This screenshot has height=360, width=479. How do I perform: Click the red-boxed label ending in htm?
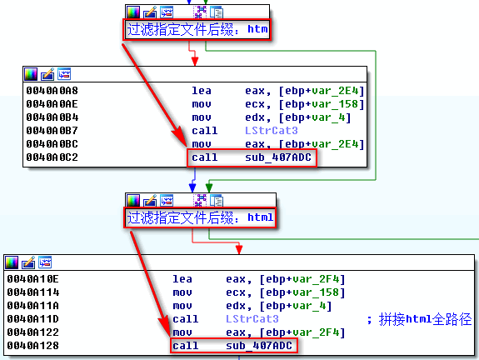tap(197, 29)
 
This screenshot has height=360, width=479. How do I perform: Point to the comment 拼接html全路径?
tap(419, 318)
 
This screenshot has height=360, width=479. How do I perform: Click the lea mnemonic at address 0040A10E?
tap(182, 277)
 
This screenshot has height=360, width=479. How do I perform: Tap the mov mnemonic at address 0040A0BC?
tap(202, 143)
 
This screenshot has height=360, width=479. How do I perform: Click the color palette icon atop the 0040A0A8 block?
tap(31, 74)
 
